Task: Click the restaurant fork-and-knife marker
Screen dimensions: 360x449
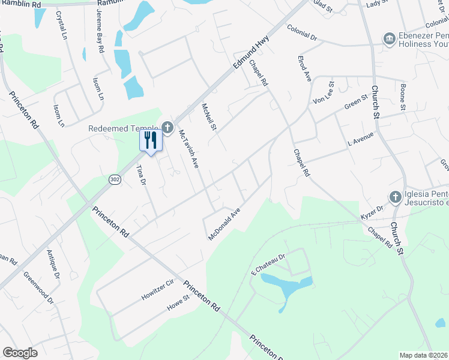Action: click(x=151, y=140)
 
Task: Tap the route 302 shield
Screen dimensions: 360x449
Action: click(x=114, y=179)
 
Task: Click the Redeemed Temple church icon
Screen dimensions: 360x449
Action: click(x=167, y=128)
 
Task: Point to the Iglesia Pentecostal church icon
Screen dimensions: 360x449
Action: click(x=395, y=197)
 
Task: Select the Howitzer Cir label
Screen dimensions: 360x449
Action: click(x=157, y=289)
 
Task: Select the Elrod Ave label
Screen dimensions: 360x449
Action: click(x=304, y=68)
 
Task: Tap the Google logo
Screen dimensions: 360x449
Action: click(x=20, y=352)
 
